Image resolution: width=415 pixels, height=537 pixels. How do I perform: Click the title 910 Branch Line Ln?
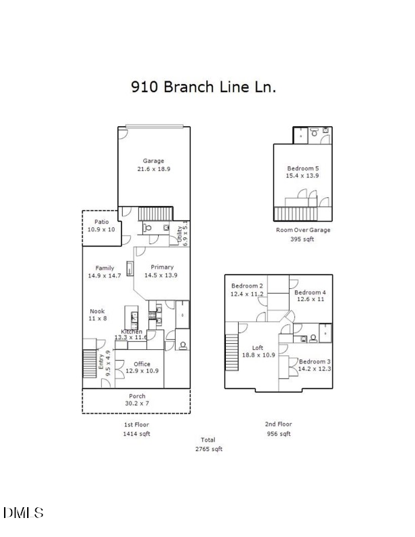(x=203, y=87)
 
